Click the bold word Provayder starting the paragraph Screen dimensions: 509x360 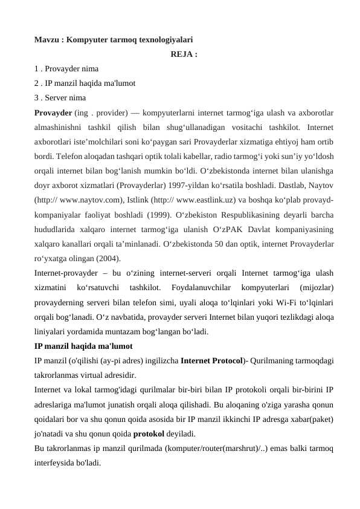coord(54,112)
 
